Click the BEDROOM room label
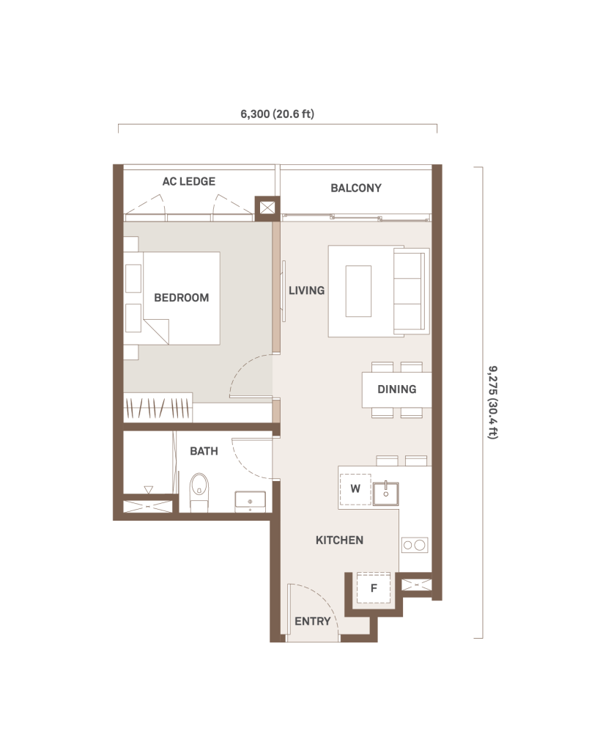(x=182, y=298)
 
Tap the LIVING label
(x=306, y=290)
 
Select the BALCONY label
(x=356, y=188)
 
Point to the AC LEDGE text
(x=188, y=181)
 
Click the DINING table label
(x=396, y=389)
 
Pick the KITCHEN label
(x=339, y=540)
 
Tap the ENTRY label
(x=312, y=621)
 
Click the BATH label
(x=204, y=451)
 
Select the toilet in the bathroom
(x=199, y=491)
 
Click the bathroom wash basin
(x=250, y=502)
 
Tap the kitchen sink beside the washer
(x=385, y=494)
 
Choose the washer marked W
(x=355, y=489)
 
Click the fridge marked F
(x=374, y=588)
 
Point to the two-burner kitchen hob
(x=415, y=545)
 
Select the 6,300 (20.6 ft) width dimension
(x=277, y=114)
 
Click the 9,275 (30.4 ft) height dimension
(x=493, y=403)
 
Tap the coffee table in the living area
(x=358, y=291)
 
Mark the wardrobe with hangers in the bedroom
(x=158, y=408)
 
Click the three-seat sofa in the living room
(x=411, y=290)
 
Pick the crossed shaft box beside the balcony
(x=267, y=208)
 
